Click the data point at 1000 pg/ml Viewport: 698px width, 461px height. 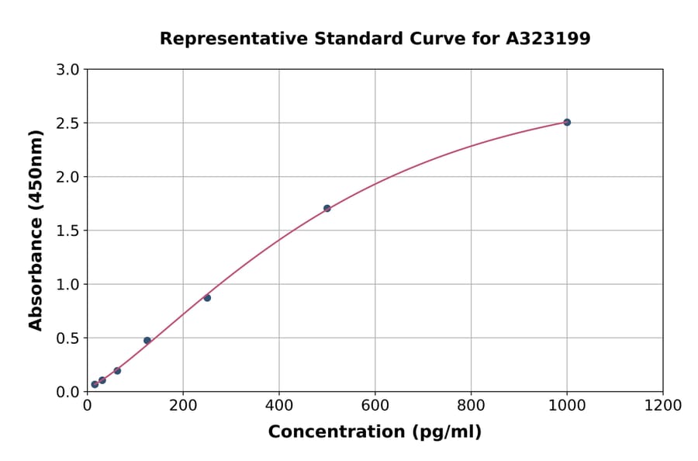point(567,122)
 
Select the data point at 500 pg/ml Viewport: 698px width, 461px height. point(327,208)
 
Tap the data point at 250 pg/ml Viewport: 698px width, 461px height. point(207,298)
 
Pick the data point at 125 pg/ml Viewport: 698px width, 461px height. point(147,341)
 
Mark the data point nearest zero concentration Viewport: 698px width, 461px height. point(95,384)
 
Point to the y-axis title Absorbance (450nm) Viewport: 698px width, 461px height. point(36,230)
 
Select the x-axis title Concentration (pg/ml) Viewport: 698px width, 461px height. point(375,432)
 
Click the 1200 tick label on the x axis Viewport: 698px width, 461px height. point(663,405)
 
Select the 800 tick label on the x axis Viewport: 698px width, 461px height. point(471,405)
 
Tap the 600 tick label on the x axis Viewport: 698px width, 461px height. point(375,405)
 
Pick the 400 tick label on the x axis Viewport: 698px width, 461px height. point(279,405)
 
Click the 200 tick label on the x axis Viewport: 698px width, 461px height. point(183,405)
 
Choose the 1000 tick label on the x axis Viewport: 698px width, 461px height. point(567,405)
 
